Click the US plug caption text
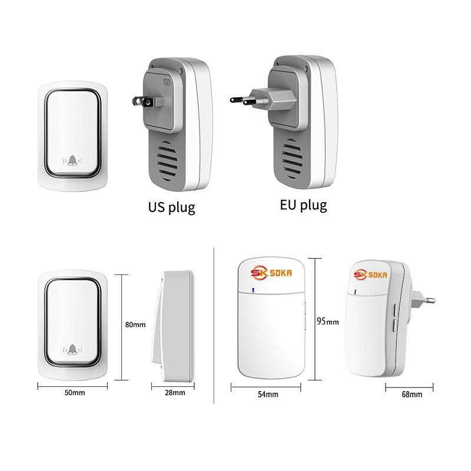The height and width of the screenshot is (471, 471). [x=171, y=207]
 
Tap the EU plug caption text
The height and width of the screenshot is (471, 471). [x=303, y=205]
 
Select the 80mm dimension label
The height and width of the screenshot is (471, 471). [x=135, y=325]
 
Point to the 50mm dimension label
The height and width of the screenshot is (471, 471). [x=75, y=393]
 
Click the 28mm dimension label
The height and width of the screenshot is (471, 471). [x=175, y=393]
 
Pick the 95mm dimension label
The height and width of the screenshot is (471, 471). [x=328, y=321]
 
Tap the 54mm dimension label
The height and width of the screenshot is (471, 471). [x=268, y=394]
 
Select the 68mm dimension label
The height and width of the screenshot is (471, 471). [x=412, y=394]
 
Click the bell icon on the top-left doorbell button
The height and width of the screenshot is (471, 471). [x=72, y=161]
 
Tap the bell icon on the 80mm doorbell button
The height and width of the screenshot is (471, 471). [x=72, y=349]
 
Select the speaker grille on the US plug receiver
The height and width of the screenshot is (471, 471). [x=167, y=161]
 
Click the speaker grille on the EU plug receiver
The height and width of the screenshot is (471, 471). [x=291, y=158]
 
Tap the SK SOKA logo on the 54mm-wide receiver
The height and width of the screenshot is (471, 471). [x=271, y=273]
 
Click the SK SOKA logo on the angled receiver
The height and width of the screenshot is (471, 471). [x=370, y=274]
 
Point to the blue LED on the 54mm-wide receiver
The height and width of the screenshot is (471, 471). [x=253, y=290]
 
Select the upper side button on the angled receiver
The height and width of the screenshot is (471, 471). [x=395, y=309]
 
